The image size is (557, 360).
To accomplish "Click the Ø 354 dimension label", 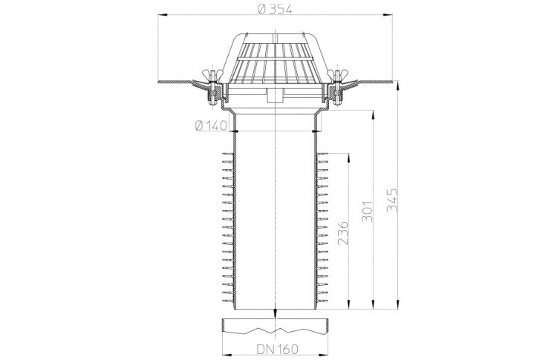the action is tap(275, 9).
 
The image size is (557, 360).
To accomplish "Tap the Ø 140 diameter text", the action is tap(211, 125).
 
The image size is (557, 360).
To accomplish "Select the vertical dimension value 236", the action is tap(343, 232).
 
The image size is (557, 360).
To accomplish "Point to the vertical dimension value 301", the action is tap(368, 212).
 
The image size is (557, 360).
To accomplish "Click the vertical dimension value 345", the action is tap(392, 200).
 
